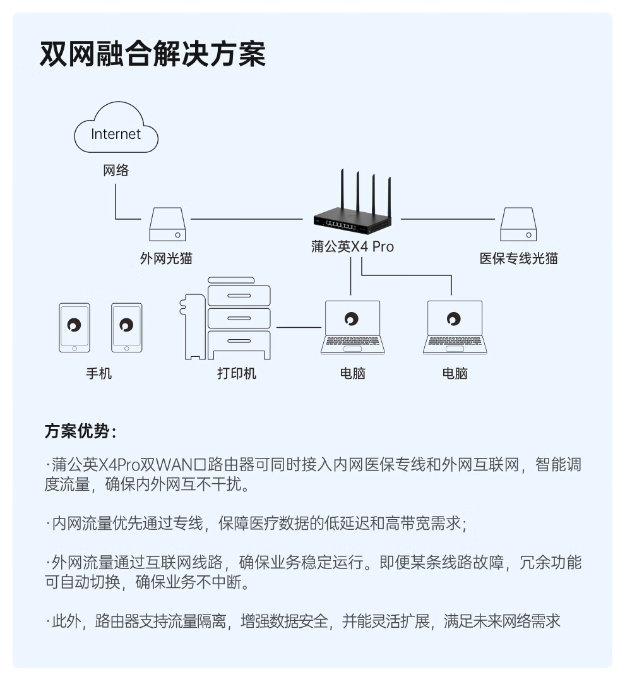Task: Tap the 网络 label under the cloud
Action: pos(116,171)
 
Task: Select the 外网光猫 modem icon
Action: pos(167,225)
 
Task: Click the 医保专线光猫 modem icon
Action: pos(518,225)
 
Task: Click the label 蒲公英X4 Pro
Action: pos(352,247)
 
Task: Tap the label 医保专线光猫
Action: pos(518,258)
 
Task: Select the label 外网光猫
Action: pos(166,258)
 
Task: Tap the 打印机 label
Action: pos(237,373)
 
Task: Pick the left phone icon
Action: pos(74,328)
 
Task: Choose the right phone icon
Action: pos(127,328)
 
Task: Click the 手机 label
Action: pos(99,373)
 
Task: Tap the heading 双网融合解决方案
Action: pos(153,54)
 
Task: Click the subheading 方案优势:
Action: pos(80,432)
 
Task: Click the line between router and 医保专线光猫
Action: pos(448,219)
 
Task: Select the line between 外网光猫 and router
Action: pos(246,219)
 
